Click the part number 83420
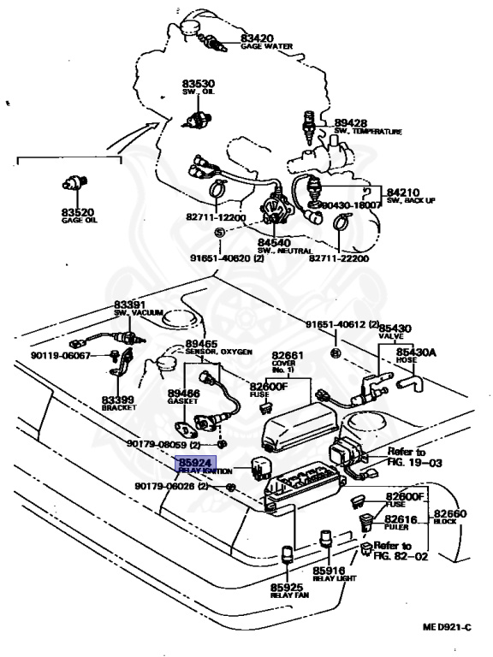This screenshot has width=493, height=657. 257,38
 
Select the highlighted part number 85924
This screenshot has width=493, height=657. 193,463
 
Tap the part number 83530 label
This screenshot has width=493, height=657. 198,83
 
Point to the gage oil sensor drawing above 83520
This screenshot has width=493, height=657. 76,181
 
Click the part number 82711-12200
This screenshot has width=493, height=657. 214,218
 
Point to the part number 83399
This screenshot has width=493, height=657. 119,400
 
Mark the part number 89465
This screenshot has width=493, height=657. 203,344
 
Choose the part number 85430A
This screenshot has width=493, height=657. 415,352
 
